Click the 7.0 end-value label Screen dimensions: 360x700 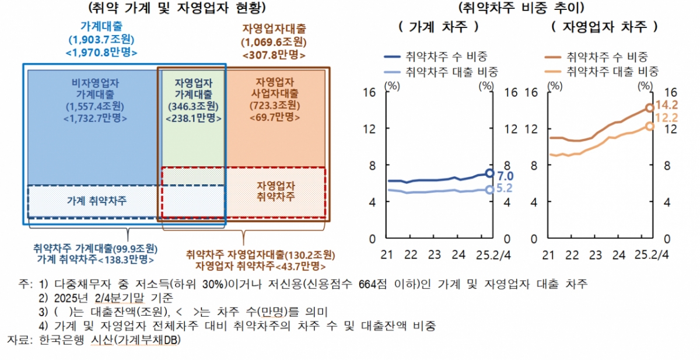(x=505, y=175)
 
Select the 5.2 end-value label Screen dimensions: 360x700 (x=505, y=188)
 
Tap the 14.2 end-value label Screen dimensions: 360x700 (x=666, y=106)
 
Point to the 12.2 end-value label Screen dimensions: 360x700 (x=666, y=118)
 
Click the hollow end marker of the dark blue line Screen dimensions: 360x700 (x=490, y=173)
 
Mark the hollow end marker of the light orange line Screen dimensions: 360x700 (x=649, y=125)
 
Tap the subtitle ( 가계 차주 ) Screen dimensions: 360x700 (x=438, y=27)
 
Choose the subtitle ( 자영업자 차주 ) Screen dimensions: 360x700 (x=603, y=27)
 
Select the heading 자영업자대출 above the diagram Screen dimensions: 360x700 (x=274, y=29)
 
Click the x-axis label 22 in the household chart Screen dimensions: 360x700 (x=411, y=255)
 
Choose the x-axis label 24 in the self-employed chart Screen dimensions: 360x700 (x=619, y=255)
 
